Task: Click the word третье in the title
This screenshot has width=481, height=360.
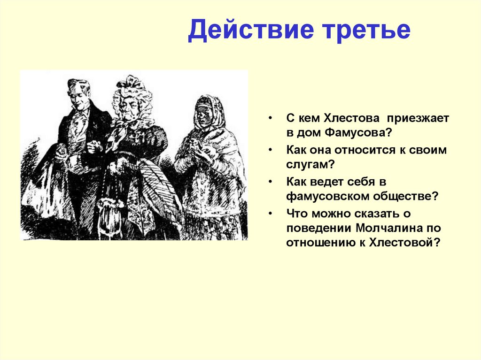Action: (x=362, y=30)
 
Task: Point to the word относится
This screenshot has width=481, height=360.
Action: (x=367, y=150)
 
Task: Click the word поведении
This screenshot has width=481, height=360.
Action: (x=318, y=228)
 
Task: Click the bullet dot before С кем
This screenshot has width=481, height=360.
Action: (x=272, y=119)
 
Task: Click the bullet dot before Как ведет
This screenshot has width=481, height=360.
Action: (x=272, y=181)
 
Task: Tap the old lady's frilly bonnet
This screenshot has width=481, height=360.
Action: (x=132, y=87)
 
